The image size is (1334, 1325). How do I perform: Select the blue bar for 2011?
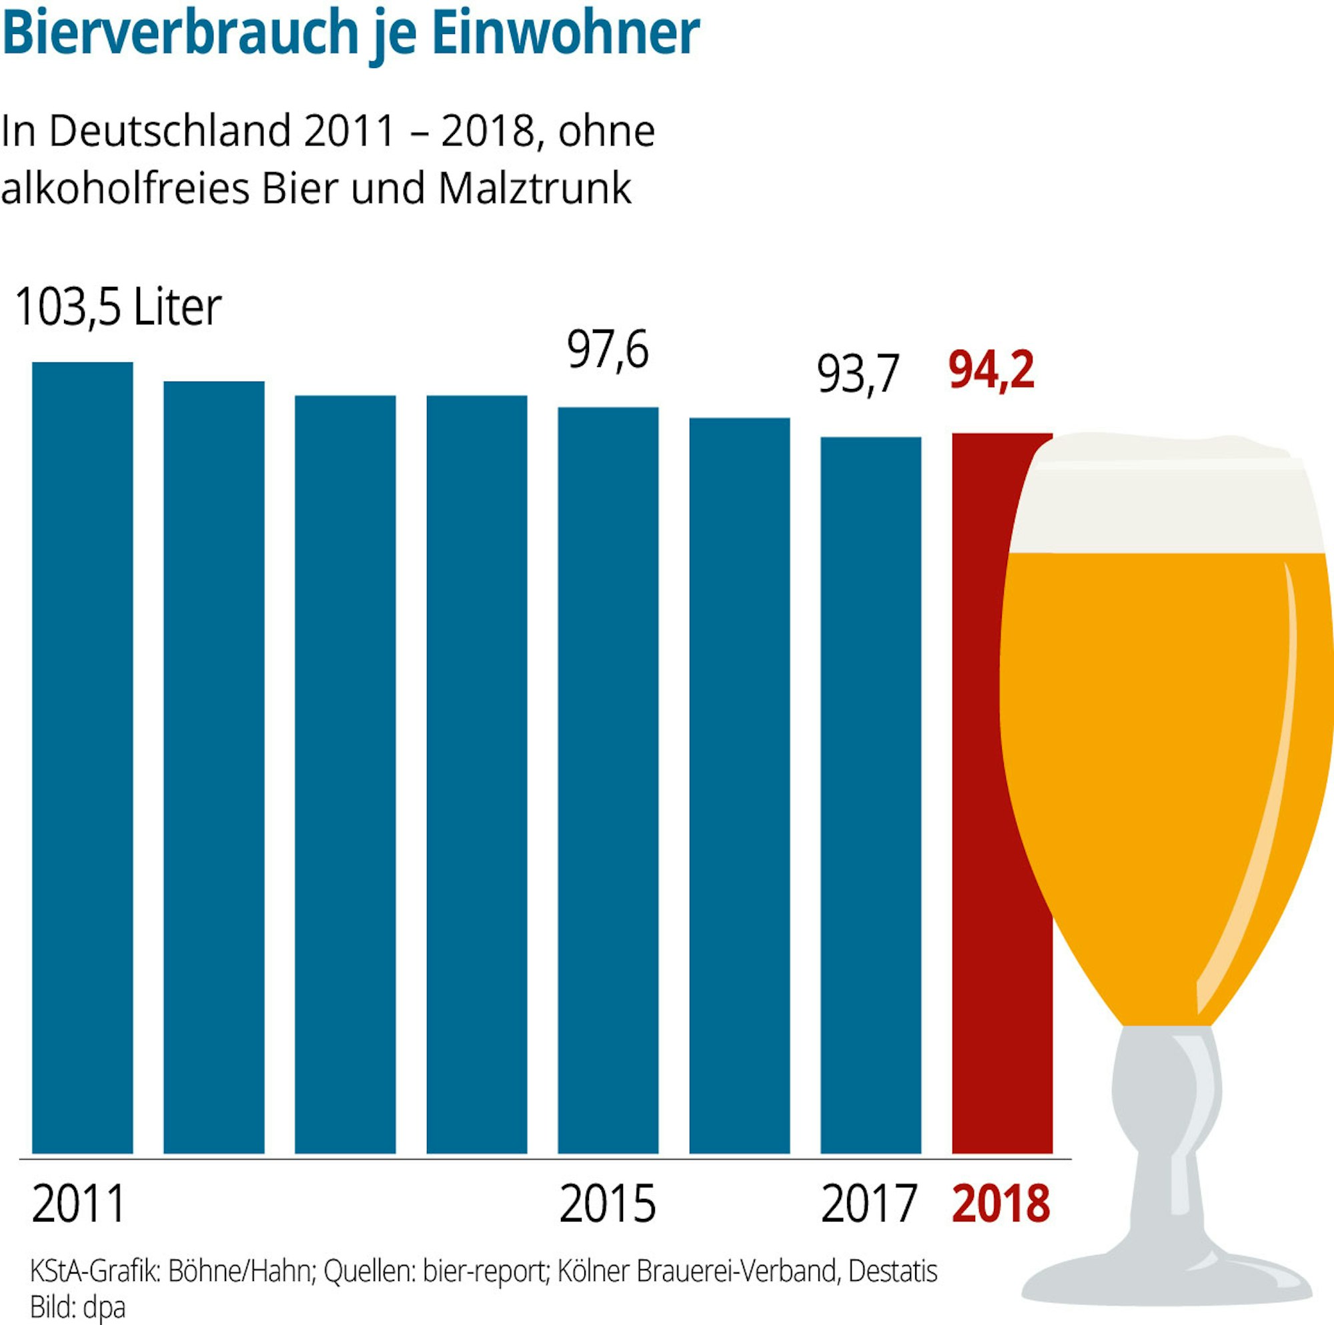coord(82,760)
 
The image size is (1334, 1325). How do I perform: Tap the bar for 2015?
coord(608,781)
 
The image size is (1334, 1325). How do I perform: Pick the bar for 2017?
coord(870,795)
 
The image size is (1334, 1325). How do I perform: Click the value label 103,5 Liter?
coord(117,307)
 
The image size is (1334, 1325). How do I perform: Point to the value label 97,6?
coord(608,350)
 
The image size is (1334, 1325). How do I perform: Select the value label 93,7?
coord(858,374)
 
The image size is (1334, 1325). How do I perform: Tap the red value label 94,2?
coord(992,371)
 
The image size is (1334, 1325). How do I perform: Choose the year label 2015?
coord(607,1204)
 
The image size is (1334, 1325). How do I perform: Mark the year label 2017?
coord(868,1204)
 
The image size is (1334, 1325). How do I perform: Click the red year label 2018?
coord(1000,1204)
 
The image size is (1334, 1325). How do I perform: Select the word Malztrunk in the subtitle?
coord(534,189)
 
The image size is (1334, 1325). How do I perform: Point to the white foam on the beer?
coord(1167,494)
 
